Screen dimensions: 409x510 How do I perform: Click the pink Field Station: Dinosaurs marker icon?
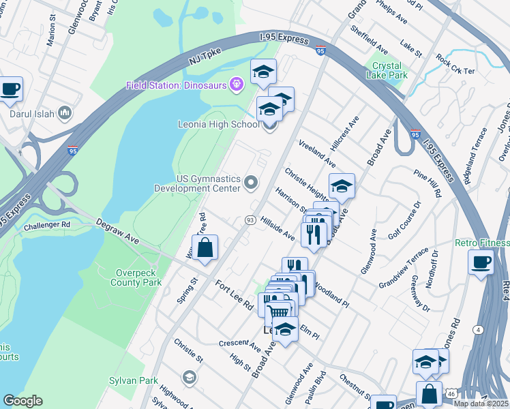[237, 85]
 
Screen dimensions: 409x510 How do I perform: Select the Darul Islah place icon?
[65, 112]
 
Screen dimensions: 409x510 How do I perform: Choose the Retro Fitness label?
[482, 243]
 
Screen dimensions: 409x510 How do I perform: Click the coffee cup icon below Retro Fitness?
[481, 262]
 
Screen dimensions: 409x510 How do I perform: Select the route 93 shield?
[250, 219]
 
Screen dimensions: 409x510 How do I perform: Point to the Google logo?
[22, 401]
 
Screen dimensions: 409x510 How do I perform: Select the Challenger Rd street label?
[46, 224]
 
